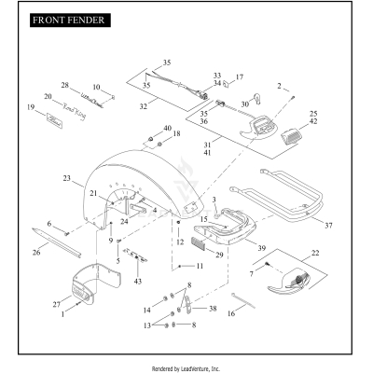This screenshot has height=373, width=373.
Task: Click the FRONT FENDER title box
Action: click(x=70, y=21)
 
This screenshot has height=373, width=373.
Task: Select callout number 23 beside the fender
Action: click(x=67, y=178)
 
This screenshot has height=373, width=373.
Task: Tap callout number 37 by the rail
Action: click(x=328, y=226)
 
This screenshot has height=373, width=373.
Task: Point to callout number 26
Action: click(x=36, y=252)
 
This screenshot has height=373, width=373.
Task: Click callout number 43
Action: click(x=138, y=282)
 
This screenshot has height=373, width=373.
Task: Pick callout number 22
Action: click(x=315, y=253)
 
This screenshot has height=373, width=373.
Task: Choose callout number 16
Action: click(x=231, y=313)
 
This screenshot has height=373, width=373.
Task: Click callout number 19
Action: click(x=31, y=107)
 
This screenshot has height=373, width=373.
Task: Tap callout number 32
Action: click(x=143, y=106)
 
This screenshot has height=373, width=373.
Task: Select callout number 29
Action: click(x=219, y=255)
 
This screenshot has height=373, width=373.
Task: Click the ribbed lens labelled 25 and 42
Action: click(x=291, y=135)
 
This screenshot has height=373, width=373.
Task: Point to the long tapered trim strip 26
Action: click(x=57, y=242)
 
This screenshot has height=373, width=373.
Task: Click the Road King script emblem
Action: click(x=74, y=111)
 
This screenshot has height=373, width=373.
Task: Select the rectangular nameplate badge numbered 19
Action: click(x=54, y=120)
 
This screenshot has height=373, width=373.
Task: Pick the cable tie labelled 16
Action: click(x=243, y=300)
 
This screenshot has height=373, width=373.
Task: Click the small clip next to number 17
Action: click(x=227, y=84)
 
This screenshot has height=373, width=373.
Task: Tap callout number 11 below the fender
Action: click(x=200, y=266)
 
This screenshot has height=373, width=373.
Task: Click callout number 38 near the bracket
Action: click(x=213, y=309)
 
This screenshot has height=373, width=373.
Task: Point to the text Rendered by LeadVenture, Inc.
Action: click(x=186, y=369)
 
